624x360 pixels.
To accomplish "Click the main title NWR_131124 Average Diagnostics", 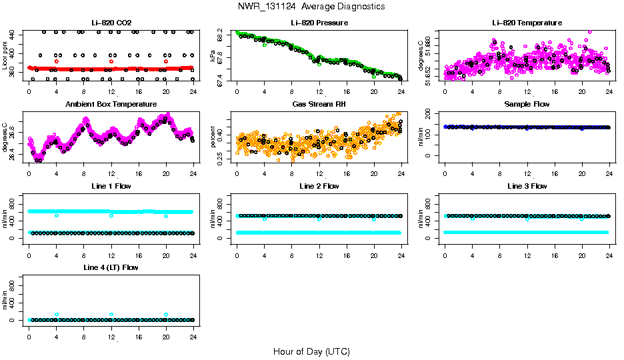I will tap(311, 6).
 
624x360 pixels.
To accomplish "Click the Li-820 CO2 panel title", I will tap(111, 23).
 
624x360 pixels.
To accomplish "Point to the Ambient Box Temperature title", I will tap(111, 105).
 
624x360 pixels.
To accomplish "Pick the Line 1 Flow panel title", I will tap(111, 186).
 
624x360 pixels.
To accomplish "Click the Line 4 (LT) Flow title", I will tap(111, 267).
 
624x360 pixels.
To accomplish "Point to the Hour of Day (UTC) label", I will tap(311, 351).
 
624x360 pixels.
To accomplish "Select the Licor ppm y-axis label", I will tap(5, 57).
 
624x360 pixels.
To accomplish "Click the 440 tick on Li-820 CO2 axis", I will tap(16, 33).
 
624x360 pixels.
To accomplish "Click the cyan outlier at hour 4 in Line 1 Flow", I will tap(57, 215).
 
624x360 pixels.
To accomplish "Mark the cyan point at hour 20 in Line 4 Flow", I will tap(166, 314).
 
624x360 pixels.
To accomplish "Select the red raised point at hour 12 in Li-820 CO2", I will tap(111, 61).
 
